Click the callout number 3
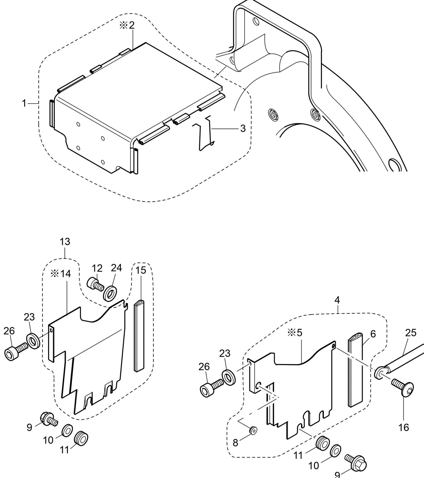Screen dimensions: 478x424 coord(243,128)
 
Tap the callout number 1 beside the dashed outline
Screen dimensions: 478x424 coord(24,103)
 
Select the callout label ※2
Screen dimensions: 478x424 coord(127,25)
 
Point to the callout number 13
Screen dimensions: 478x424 coord(65,242)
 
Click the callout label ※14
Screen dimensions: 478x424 coord(61,274)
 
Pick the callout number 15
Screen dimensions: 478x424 coord(141,270)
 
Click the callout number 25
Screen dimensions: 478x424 coord(411,333)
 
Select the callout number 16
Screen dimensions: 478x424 coord(404,427)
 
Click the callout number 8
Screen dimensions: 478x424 coord(235,443)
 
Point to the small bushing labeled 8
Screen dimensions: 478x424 coord(252,430)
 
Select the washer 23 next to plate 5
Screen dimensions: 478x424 coord(229,377)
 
